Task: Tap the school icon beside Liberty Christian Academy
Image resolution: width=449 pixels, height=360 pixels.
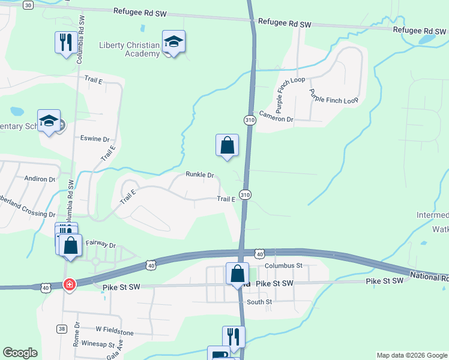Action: pos(173,42)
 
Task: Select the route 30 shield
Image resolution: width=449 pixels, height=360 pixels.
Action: pos(28,5)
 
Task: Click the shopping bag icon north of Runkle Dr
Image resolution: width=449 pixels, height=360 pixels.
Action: pos(227,145)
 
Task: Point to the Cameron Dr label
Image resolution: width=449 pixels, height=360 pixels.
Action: pos(276,119)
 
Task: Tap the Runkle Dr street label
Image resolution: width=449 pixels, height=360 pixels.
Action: pos(200,175)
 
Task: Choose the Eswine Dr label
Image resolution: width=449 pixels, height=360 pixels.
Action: pos(95,139)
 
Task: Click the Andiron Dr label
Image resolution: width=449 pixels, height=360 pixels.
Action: pos(40,179)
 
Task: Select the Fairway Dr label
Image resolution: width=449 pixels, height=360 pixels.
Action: pos(100,244)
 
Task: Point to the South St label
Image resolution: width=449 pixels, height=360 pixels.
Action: pos(259,302)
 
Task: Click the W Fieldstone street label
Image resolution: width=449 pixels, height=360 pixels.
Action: pos(114,331)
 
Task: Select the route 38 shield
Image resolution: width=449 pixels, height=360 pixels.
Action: pos(62,328)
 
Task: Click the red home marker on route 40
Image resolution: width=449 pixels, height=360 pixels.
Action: pos(70,284)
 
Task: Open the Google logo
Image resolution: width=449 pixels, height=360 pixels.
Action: pos(20,353)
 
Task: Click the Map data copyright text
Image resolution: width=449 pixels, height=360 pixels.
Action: pos(411,355)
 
